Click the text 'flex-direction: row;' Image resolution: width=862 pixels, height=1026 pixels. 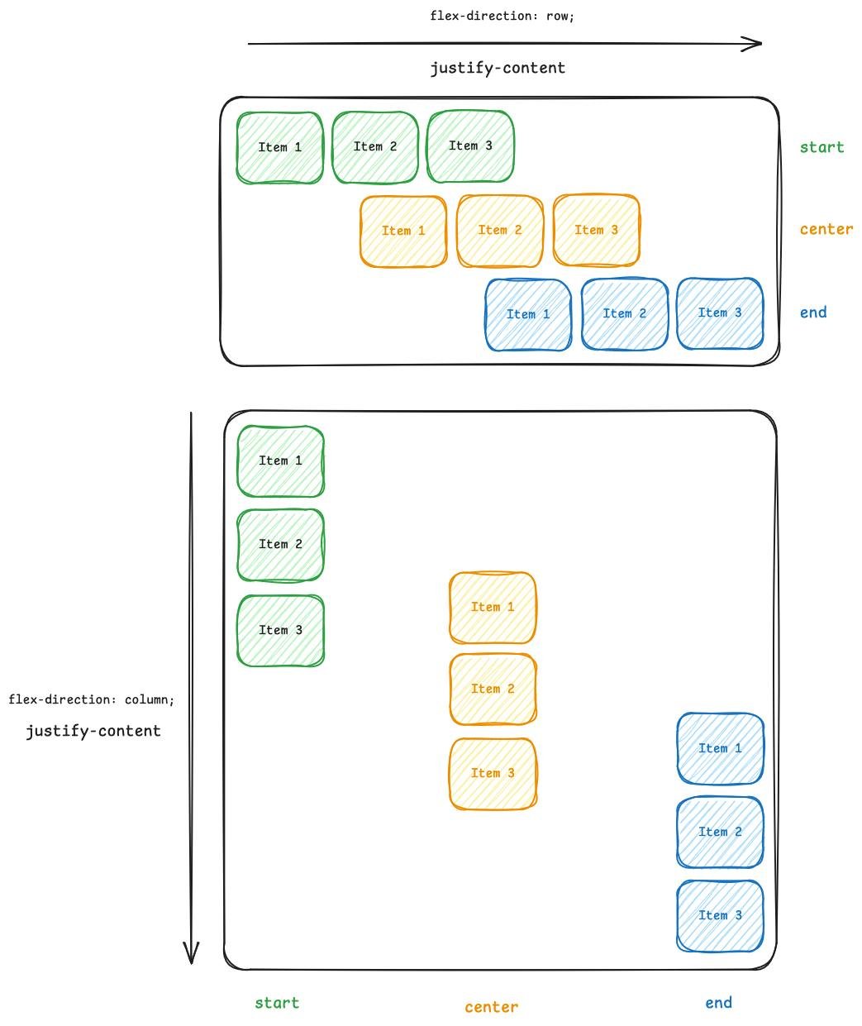pos(502,16)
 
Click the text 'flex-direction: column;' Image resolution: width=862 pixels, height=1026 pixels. pos(92,699)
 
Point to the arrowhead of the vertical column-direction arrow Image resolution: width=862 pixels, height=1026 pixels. pos(191,955)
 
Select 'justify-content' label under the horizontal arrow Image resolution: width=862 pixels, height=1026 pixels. pos(498,68)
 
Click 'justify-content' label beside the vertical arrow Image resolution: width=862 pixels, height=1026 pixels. pos(93,731)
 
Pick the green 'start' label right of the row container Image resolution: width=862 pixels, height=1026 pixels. pos(822,147)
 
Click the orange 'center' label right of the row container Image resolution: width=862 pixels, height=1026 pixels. pos(826,229)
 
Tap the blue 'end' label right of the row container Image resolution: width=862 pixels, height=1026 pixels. pos(813,312)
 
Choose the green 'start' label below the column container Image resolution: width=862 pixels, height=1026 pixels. pos(277,1003)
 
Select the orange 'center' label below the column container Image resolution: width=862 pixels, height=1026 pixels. pos(492,1007)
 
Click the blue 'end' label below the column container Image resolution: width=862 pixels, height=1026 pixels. pos(718,1003)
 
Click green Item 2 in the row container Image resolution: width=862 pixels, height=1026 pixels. pos(375,147)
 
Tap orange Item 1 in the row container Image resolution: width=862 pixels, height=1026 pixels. pos(403,231)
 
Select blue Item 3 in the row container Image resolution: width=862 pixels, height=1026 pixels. pos(720,313)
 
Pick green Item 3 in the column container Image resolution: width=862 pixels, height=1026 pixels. pos(281,630)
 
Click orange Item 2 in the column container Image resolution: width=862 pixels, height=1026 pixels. pos(493,689)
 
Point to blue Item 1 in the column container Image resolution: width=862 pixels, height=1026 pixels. pos(720,748)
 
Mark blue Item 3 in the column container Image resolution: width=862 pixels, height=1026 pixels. pos(720,915)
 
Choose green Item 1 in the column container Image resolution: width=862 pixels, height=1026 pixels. pos(281,461)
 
